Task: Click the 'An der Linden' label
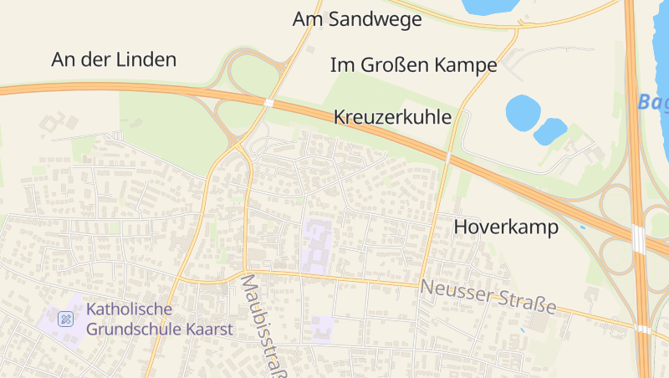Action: tap(114, 59)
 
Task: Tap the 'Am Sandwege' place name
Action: tap(357, 19)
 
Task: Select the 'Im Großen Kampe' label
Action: tap(414, 64)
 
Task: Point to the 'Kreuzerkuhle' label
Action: tap(392, 117)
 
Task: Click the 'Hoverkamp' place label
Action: tap(506, 227)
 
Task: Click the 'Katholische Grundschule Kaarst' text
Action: tap(159, 319)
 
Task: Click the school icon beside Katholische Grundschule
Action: tap(65, 319)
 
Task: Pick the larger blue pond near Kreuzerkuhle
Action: tap(523, 112)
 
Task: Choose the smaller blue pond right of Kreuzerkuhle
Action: tap(549, 130)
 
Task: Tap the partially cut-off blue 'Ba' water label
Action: tap(652, 102)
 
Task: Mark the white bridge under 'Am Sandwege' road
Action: tap(268, 103)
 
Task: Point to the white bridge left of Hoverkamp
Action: tap(448, 156)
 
